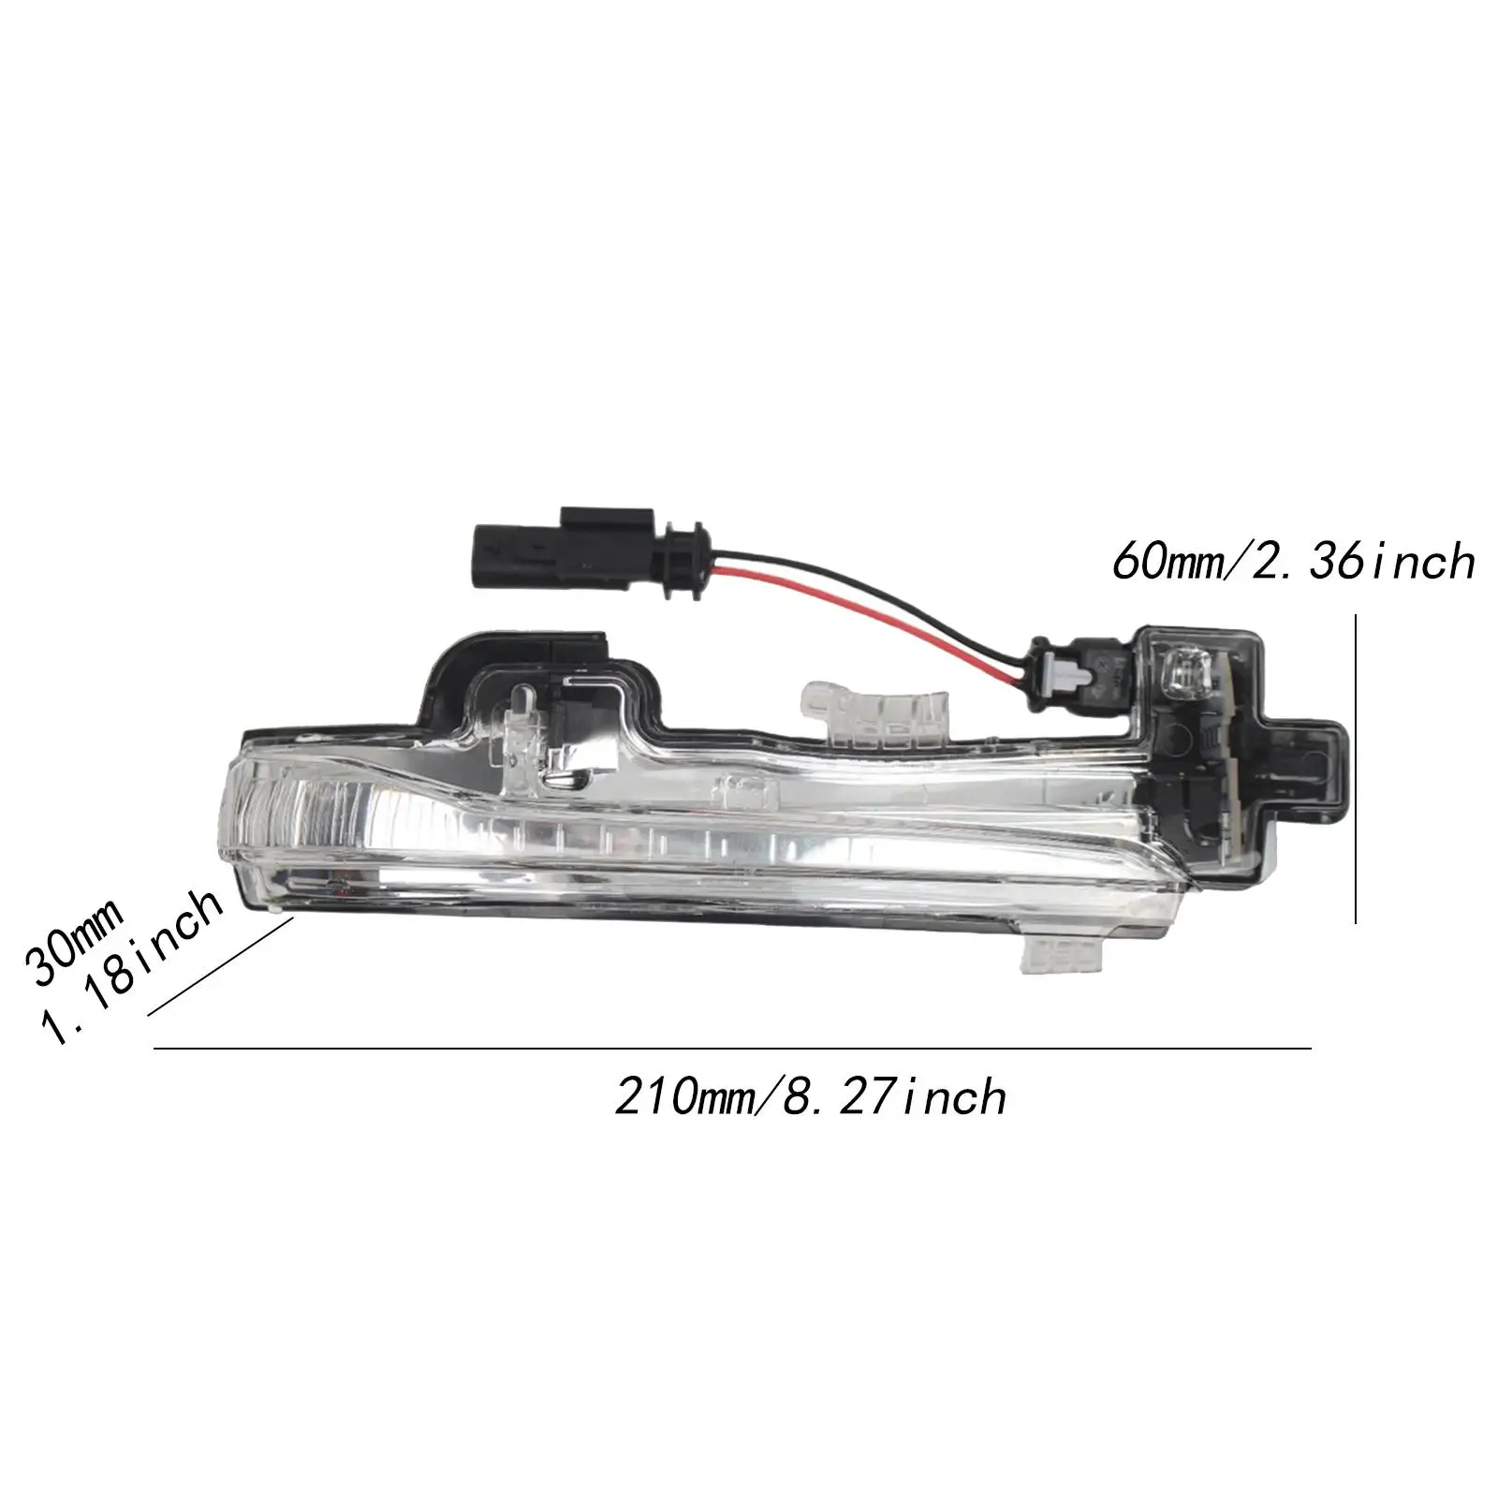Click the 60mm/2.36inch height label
tap(1293, 562)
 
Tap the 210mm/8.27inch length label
tap(811, 1096)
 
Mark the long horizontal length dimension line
tap(730, 1049)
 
